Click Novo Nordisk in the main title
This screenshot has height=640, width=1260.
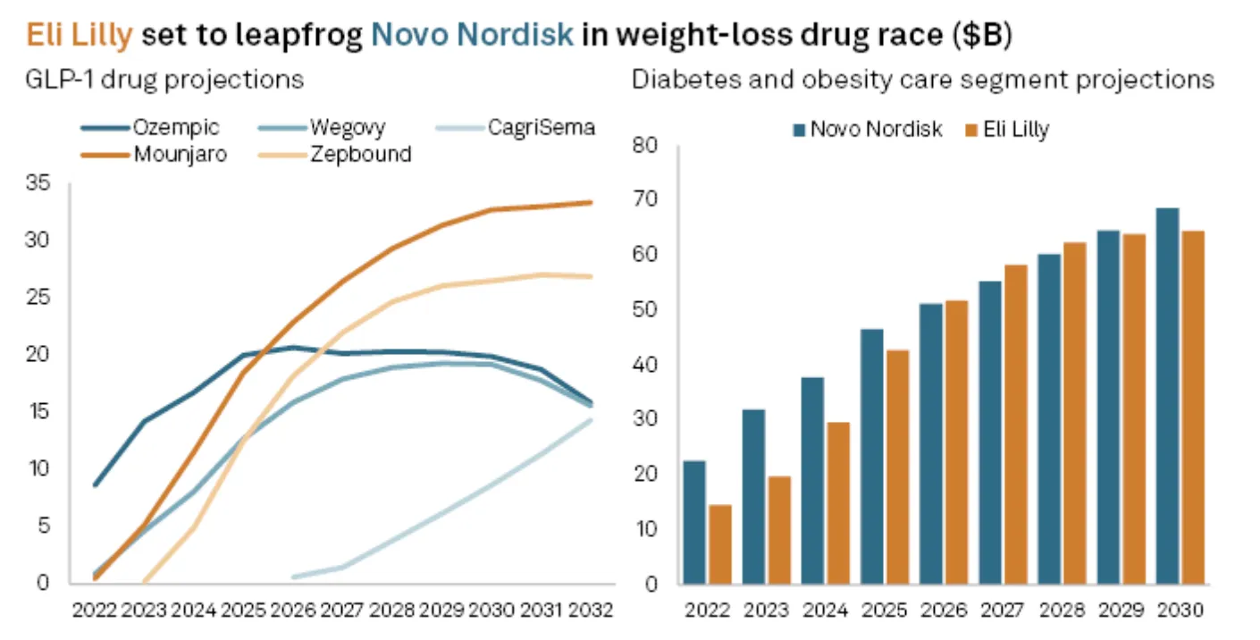click(471, 34)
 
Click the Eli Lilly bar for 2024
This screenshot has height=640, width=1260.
click(836, 503)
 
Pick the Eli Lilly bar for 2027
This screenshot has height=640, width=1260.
click(1015, 425)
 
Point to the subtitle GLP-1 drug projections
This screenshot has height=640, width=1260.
click(164, 80)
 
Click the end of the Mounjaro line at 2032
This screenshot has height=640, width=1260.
click(591, 202)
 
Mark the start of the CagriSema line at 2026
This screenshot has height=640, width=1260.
click(294, 577)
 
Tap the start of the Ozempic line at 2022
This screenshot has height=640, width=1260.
click(95, 485)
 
